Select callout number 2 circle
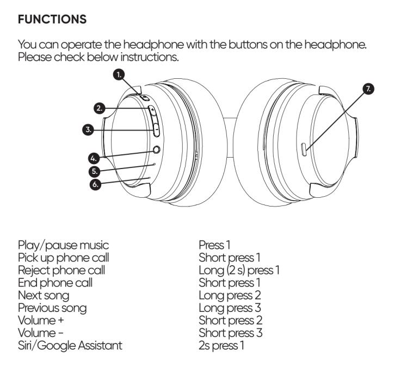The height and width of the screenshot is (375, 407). (x=100, y=108)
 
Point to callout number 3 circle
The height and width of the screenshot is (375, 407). (x=88, y=130)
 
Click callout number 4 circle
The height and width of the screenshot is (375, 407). (x=93, y=158)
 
